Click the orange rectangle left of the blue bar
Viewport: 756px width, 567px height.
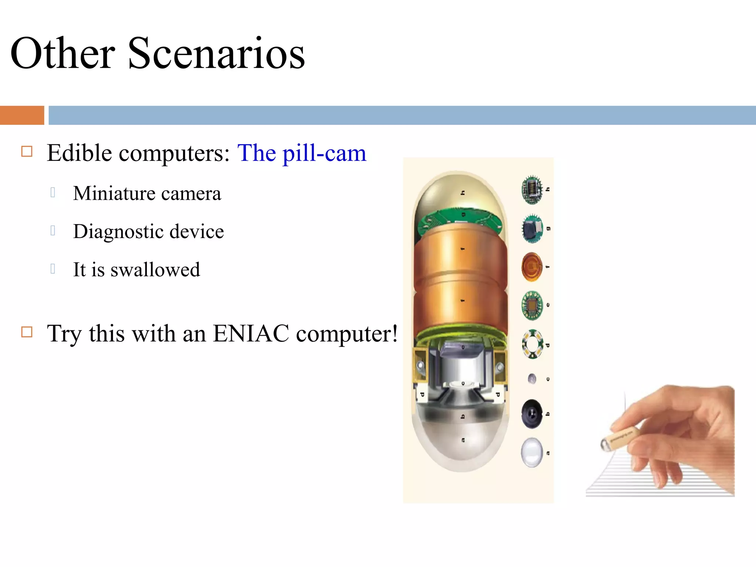click(x=22, y=115)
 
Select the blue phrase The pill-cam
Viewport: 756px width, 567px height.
click(x=301, y=153)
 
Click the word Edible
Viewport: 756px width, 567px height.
click(x=79, y=153)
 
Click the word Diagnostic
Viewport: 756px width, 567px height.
click(x=117, y=231)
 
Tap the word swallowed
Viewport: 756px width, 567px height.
click(x=155, y=269)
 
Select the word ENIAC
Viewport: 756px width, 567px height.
click(x=251, y=333)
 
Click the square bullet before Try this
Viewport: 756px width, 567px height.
click(x=27, y=332)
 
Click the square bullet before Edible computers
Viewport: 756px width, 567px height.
click(x=27, y=151)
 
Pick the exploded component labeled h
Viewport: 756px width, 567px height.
click(x=532, y=190)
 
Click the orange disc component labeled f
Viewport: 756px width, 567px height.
click(x=532, y=267)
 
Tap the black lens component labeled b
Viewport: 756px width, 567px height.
click(x=532, y=414)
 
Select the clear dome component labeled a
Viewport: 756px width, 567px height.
click(x=532, y=453)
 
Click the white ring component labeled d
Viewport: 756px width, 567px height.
click(x=532, y=344)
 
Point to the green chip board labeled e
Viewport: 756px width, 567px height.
click(x=532, y=305)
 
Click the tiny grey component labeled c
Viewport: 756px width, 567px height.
click(x=532, y=379)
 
